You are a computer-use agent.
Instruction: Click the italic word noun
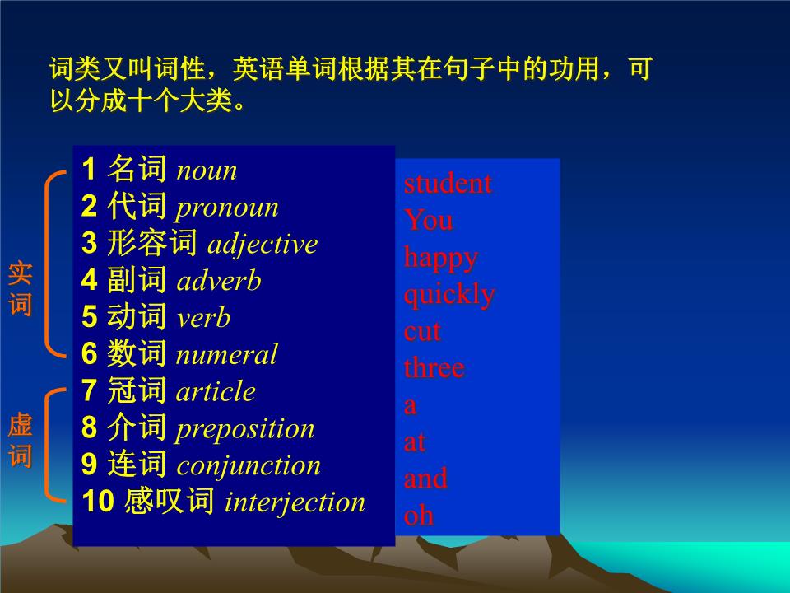pos(207,170)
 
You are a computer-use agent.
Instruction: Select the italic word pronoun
pos(227,208)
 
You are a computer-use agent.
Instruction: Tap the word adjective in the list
pos(263,245)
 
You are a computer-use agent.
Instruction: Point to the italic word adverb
pos(219,282)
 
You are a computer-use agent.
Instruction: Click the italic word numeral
pos(226,355)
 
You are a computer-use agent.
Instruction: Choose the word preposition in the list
pos(245,429)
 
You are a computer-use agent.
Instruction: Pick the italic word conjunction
pos(249,465)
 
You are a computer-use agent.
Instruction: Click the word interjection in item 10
pos(295,502)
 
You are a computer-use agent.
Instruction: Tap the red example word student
pos(448,184)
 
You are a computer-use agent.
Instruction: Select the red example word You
pos(428,221)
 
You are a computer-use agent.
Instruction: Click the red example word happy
pos(440,258)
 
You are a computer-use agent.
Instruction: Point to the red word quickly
pos(449,295)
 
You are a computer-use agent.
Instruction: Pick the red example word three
pos(434,368)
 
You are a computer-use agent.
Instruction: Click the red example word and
pos(425,479)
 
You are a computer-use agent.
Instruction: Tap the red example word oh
pos(418,516)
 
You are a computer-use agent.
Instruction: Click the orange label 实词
pos(20,289)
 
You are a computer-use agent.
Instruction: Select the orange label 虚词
pos(20,441)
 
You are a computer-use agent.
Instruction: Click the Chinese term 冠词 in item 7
pos(137,391)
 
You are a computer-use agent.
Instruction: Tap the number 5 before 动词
pos(90,318)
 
